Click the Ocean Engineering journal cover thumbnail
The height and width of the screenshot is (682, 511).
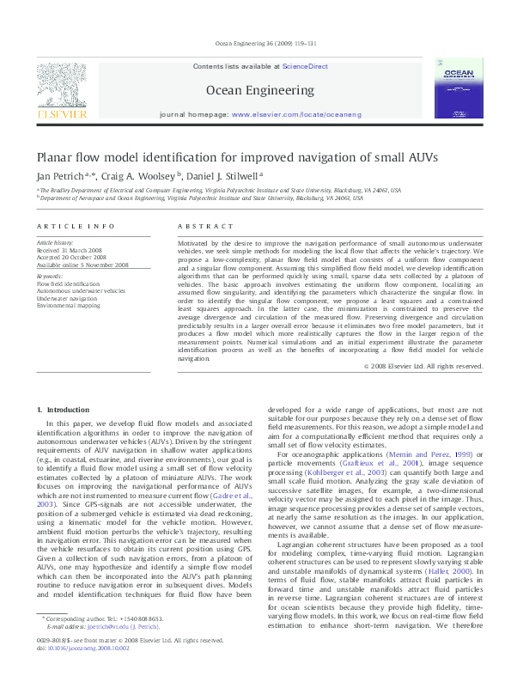(x=453, y=88)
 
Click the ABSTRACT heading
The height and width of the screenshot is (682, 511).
(x=205, y=226)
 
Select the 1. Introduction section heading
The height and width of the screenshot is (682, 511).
(x=63, y=411)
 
